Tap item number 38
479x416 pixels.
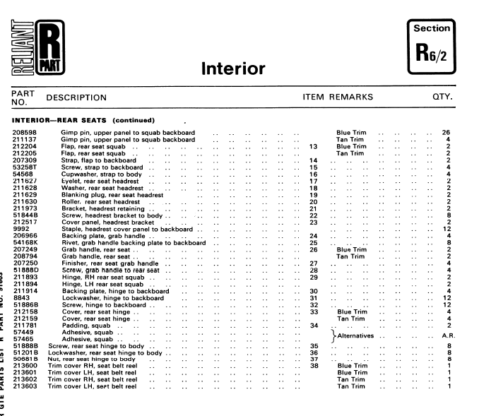coord(314,366)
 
